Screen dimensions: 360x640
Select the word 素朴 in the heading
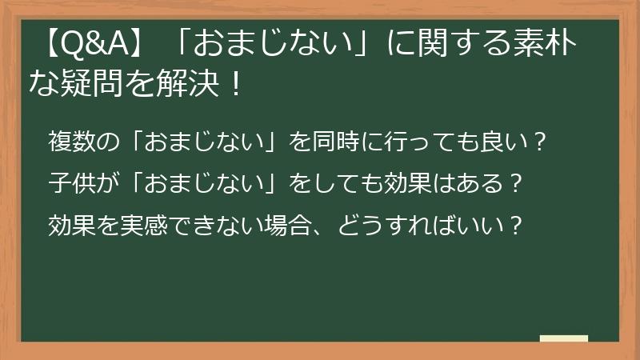[x=544, y=50]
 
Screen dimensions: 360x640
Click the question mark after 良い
[x=539, y=145]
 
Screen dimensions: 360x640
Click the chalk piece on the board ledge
[x=564, y=338]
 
